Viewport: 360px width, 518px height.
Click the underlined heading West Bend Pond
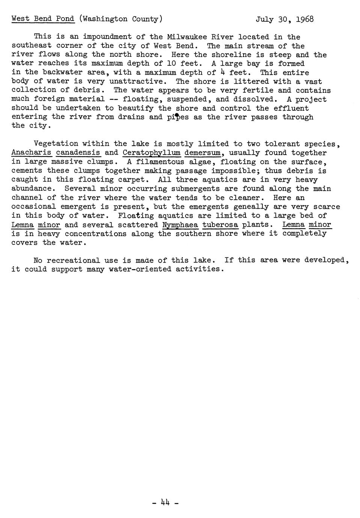[x=43, y=19]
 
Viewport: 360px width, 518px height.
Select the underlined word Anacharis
[x=32, y=153]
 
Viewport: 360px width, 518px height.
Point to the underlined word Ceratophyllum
[x=151, y=153]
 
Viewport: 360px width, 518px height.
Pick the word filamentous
[x=160, y=162]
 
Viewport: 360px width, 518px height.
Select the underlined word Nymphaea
[x=180, y=225]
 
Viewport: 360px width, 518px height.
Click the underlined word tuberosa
[x=220, y=225]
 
